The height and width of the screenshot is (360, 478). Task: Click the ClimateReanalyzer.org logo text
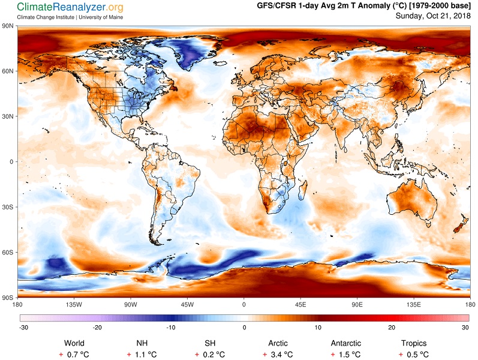pyautogui.click(x=70, y=7)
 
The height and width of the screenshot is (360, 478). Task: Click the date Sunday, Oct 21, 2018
pyautogui.click(x=433, y=16)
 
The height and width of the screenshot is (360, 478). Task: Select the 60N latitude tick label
pyautogui.click(x=8, y=71)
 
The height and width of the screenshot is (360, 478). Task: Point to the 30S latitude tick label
pyautogui.click(x=8, y=207)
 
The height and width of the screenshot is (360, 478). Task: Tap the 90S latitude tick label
pyautogui.click(x=8, y=298)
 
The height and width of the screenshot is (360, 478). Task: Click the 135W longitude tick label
pyautogui.click(x=74, y=304)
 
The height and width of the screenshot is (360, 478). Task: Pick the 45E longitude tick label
pyautogui.click(x=300, y=304)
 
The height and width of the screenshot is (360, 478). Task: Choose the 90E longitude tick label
pyautogui.click(x=357, y=304)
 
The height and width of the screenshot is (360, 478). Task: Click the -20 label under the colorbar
pyautogui.click(x=97, y=328)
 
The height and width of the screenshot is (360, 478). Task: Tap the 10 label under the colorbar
pyautogui.click(x=318, y=328)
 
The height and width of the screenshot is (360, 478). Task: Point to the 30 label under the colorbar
pyautogui.click(x=465, y=328)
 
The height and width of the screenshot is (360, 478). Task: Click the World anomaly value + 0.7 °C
pyautogui.click(x=74, y=355)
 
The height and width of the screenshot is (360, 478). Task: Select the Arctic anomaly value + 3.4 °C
pyautogui.click(x=278, y=355)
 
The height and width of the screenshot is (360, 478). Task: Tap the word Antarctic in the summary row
pyautogui.click(x=345, y=343)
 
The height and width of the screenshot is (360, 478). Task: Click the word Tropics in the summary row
pyautogui.click(x=414, y=344)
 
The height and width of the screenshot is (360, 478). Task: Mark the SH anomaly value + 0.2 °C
pyautogui.click(x=210, y=355)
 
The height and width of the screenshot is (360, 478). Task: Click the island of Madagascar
pyautogui.click(x=303, y=190)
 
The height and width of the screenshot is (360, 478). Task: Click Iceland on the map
pyautogui.click(x=220, y=64)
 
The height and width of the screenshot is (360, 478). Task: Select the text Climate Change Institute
pyautogui.click(x=46, y=17)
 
